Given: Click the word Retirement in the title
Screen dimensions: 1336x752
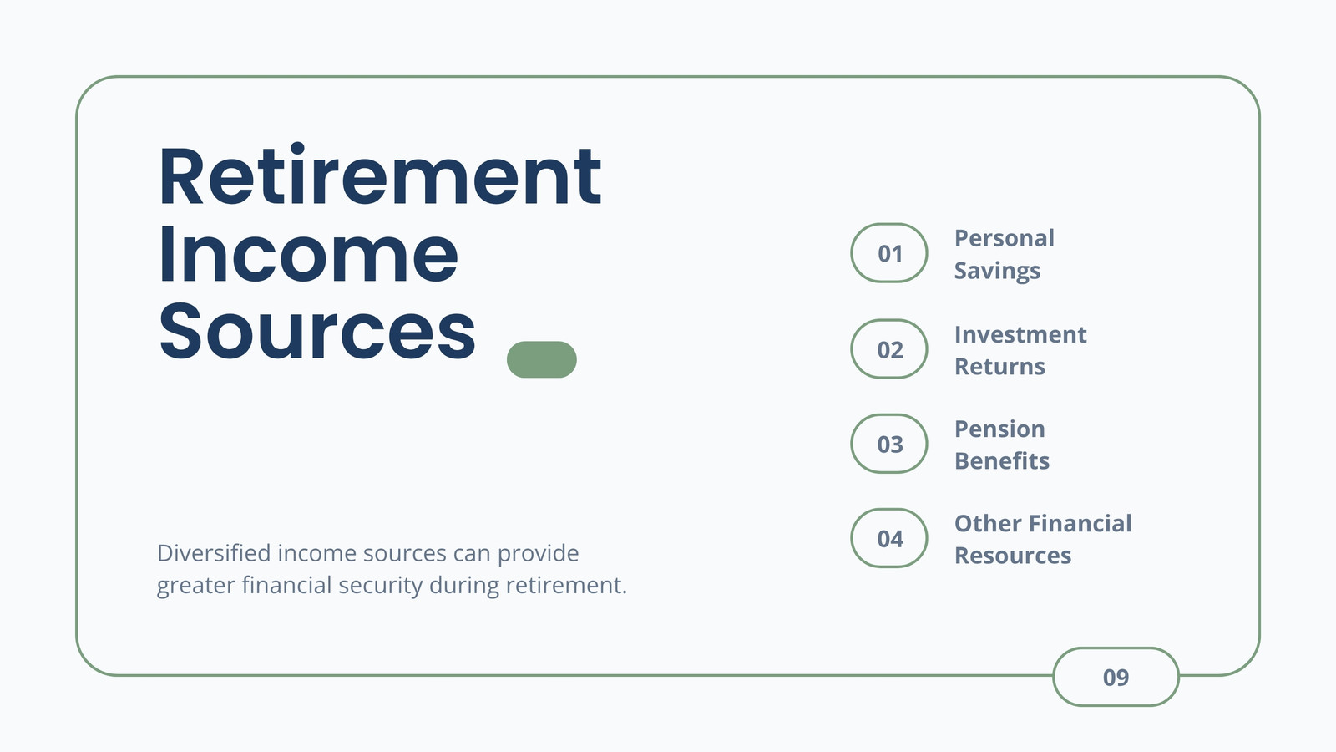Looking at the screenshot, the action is pos(380,175).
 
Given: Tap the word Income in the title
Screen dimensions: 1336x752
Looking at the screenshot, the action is pos(308,254).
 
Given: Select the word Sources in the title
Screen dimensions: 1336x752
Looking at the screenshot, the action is pos(317,331).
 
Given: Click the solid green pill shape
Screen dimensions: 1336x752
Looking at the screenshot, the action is pos(542,359).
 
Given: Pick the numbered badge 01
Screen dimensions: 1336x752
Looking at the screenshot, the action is pos(888,253).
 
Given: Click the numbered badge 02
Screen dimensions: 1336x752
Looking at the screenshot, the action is pos(888,349).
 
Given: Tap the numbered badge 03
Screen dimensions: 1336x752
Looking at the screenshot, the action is pos(888,444).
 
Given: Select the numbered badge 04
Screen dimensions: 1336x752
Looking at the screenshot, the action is pos(888,538).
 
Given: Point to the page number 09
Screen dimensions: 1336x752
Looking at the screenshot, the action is pos(1116,678).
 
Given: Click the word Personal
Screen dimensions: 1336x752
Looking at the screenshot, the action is pos(1005,238).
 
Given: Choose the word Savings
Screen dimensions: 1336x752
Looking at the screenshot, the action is pos(997,271).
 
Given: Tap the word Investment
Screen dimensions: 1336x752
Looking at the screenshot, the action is pos(1020,334).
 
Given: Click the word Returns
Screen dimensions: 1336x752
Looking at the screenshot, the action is pos(999,367).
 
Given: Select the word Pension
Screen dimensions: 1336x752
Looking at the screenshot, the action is pos(999,429).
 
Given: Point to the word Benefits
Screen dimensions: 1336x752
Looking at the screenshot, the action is pos(1002,460).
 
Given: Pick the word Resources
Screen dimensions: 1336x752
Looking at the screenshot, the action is pos(1013,556).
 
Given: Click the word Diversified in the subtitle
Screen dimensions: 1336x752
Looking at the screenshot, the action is pos(214,553).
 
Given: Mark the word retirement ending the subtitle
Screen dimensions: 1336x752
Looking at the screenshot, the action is pos(566,585).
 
